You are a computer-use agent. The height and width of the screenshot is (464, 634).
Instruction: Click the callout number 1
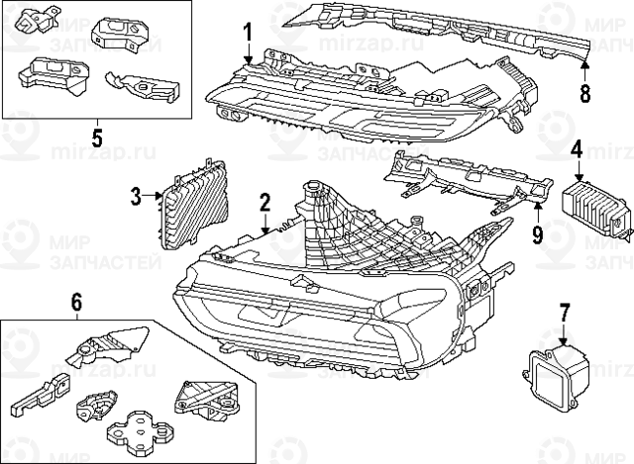pyautogui.click(x=248, y=36)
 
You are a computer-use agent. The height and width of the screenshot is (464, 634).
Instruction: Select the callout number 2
pyautogui.click(x=264, y=204)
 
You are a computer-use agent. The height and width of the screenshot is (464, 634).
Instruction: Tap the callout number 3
pyautogui.click(x=137, y=196)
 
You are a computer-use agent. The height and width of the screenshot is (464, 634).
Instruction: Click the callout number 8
pyautogui.click(x=584, y=94)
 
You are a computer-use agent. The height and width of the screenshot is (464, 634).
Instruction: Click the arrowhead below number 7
pyautogui.click(x=564, y=337)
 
